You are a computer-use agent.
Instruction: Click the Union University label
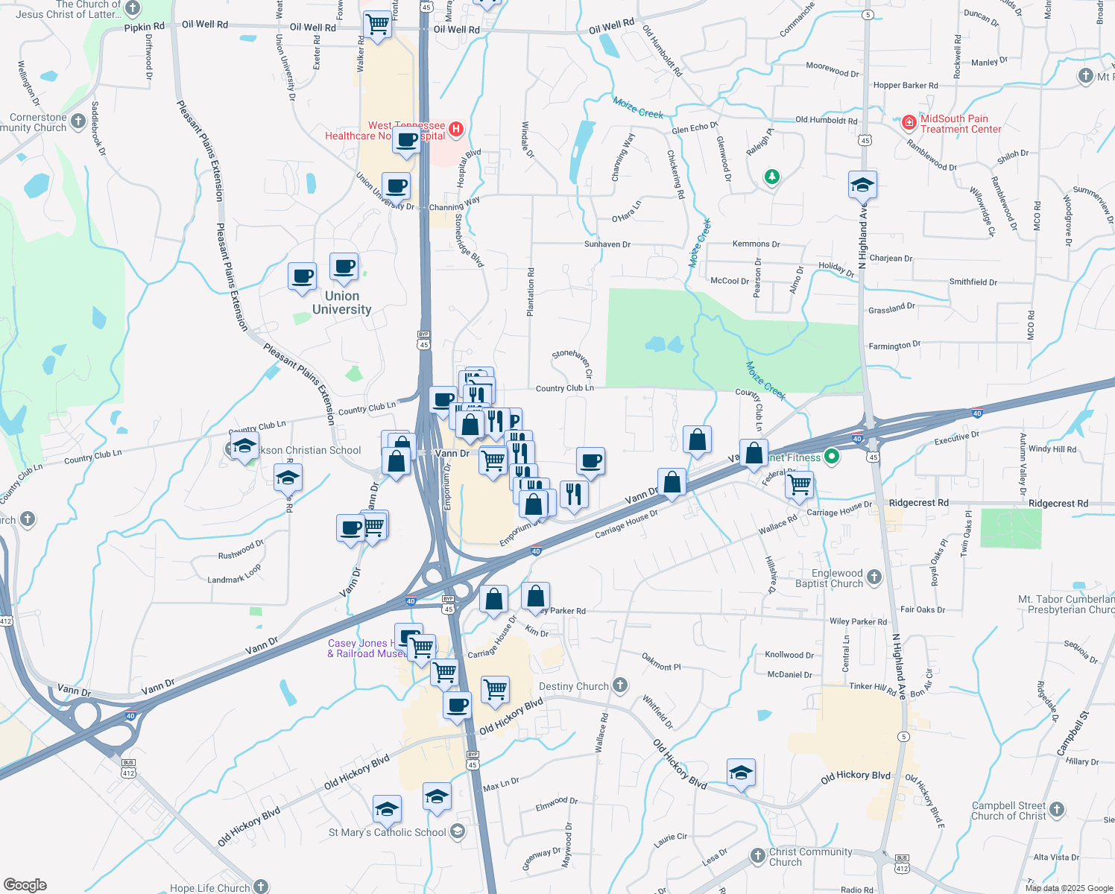click(341, 302)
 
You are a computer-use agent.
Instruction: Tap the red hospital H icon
click(456, 130)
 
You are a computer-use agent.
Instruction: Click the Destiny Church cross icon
click(620, 685)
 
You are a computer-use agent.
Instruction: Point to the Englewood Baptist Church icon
click(874, 577)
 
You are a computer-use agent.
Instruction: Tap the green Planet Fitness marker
click(833, 457)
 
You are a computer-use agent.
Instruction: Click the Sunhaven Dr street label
click(607, 244)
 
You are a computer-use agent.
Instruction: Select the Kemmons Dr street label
click(756, 244)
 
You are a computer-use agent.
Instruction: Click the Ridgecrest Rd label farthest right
click(1058, 504)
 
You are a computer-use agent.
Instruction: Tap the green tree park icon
click(772, 177)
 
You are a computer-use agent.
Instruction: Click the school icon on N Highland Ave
click(862, 185)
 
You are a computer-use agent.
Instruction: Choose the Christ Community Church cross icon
click(757, 855)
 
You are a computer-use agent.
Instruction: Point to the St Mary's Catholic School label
click(388, 832)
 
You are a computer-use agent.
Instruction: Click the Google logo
click(25, 884)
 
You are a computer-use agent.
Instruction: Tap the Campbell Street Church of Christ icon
click(1057, 809)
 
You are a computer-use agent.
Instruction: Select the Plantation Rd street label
click(531, 292)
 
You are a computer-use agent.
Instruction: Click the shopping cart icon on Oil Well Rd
click(377, 24)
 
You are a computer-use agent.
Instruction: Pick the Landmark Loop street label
click(234, 574)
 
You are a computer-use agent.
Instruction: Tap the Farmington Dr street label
click(894, 346)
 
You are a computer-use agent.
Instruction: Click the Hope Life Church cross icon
click(261, 886)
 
